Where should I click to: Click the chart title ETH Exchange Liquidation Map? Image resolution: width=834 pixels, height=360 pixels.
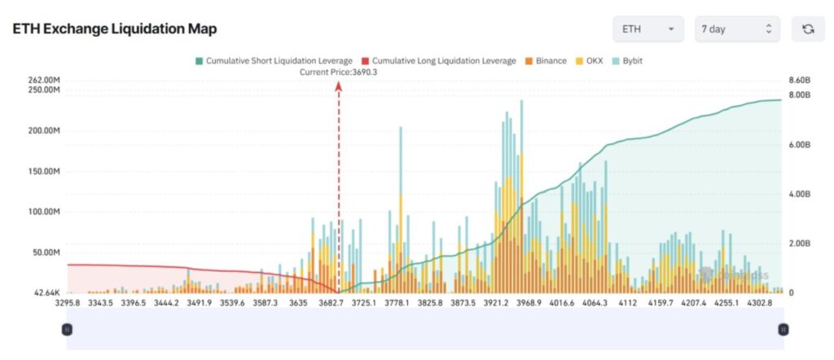tap(115, 29)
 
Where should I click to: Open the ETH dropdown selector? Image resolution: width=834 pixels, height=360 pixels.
tap(647, 29)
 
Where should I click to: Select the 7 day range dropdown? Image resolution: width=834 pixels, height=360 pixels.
tap(736, 29)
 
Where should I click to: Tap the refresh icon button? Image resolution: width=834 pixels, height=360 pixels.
tap(807, 29)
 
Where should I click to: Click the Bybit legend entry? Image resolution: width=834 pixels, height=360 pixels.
tap(626, 61)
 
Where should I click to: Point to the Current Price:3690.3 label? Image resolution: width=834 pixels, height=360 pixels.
tap(338, 72)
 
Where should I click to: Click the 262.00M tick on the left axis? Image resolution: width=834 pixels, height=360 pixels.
tap(44, 81)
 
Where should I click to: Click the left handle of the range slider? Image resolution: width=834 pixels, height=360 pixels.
tap(67, 329)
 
